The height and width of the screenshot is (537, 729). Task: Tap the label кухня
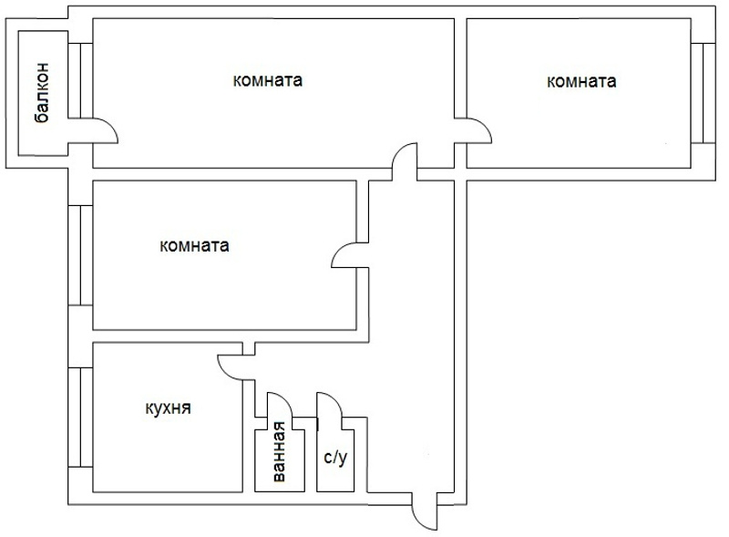point(168,408)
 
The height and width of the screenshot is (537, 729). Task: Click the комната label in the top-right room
point(580,81)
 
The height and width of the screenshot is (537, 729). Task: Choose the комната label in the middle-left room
point(193,246)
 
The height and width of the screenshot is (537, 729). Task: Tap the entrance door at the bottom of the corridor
point(422,514)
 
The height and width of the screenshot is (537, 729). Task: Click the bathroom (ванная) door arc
point(277,406)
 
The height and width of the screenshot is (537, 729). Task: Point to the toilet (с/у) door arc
point(328,406)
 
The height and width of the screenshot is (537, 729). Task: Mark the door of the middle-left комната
point(347,256)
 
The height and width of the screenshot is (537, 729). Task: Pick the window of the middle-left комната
point(80,254)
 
